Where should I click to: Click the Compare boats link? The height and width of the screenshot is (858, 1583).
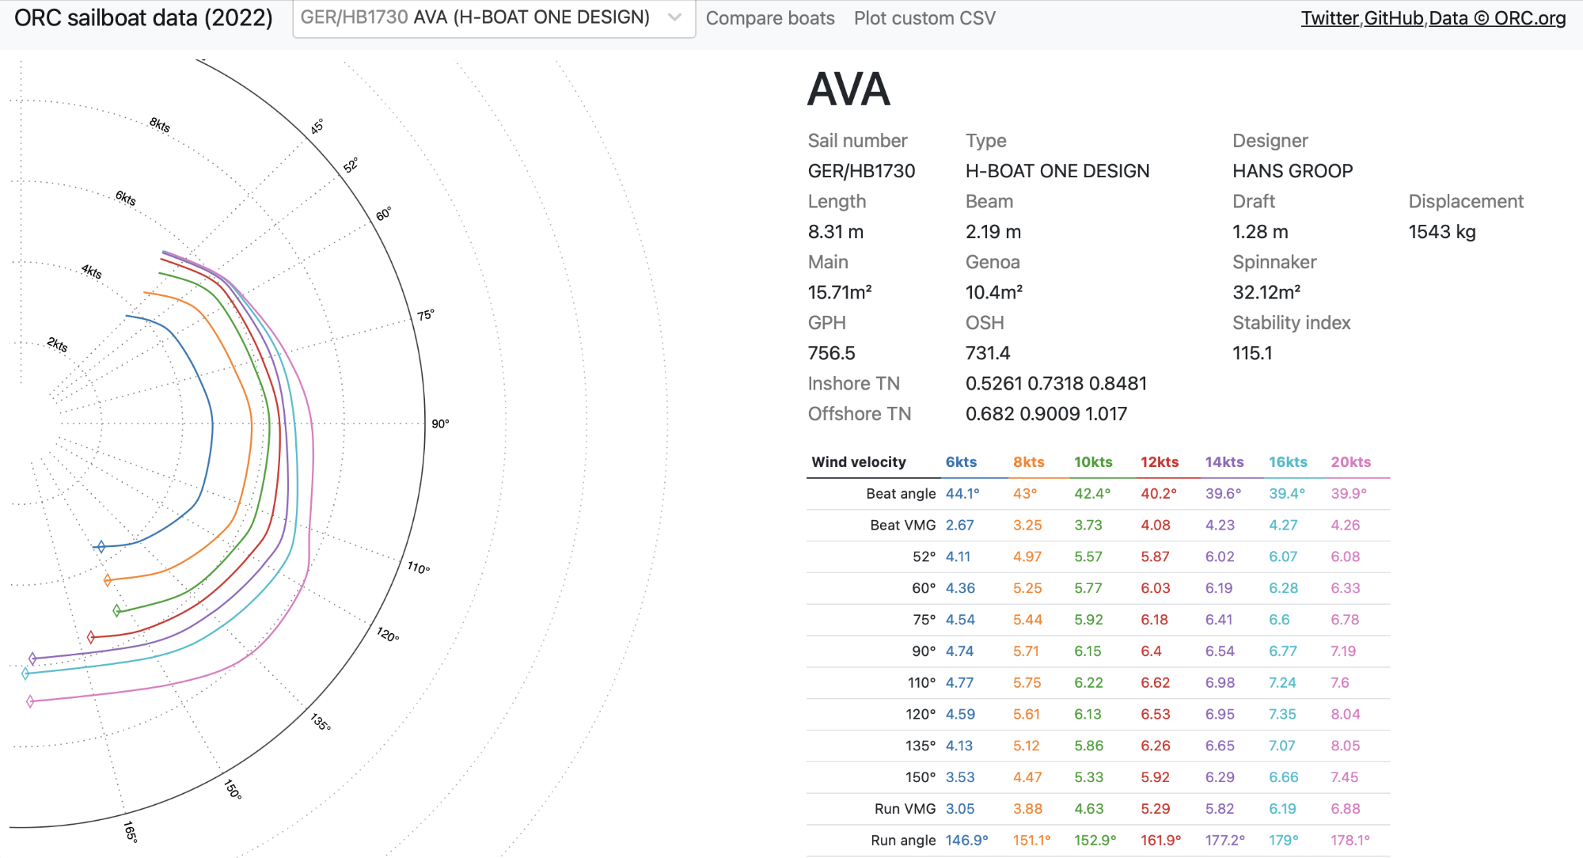point(769,18)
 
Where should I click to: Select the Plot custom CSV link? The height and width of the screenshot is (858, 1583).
point(924,18)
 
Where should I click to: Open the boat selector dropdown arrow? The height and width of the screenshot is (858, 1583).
point(674,17)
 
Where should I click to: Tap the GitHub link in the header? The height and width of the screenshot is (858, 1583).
point(1394,18)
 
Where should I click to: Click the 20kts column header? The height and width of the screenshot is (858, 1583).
point(1350,462)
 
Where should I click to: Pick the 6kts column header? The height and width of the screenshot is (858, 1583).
point(961,462)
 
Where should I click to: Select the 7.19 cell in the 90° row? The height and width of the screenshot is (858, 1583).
point(1343,651)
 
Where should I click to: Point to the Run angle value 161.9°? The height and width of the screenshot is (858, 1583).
point(1160,841)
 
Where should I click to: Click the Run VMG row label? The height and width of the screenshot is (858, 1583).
point(905,809)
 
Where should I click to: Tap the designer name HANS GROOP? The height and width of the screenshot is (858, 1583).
point(1292,171)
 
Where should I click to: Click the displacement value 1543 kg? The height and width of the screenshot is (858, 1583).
point(1441,232)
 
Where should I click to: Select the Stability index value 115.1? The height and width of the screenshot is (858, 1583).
point(1252,353)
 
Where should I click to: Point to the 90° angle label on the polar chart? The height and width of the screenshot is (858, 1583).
point(440,424)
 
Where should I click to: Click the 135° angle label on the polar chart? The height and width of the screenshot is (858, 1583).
point(321,722)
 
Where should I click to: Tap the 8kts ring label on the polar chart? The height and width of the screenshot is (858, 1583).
point(160,125)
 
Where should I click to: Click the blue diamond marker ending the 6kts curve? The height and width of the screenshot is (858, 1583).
point(101,546)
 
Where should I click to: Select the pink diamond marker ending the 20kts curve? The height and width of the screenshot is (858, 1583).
point(30,701)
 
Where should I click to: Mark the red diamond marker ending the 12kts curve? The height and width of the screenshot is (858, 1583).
point(91,637)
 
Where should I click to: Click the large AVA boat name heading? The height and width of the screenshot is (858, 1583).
point(848,89)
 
